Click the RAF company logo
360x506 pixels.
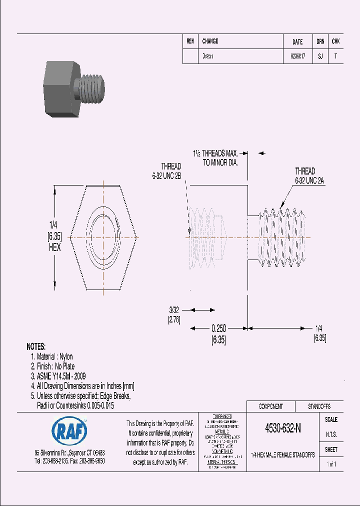pos(69,429)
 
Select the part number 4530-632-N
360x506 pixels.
pos(282,428)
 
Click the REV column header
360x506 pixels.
pos(190,41)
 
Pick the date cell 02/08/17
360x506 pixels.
pos(297,56)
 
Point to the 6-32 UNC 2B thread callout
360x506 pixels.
pos(166,171)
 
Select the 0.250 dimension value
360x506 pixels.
pos(218,328)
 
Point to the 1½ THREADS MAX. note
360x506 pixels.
pos(215,153)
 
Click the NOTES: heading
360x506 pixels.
pos(36,346)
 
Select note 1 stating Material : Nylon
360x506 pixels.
pos(51,356)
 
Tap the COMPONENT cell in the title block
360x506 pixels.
pos(270,406)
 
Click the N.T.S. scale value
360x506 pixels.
pos(331,434)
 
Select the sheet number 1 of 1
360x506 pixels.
pos(331,464)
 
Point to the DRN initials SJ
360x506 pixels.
pos(320,56)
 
